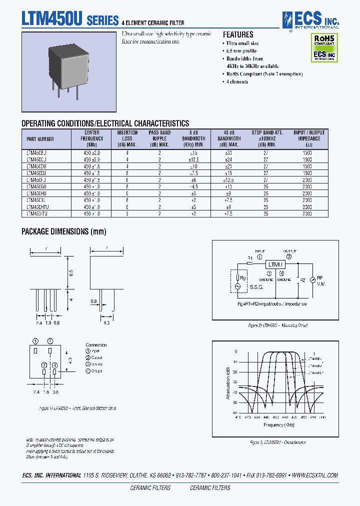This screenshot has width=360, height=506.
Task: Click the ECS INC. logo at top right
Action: point(310,19)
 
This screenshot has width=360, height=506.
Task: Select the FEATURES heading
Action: point(238,35)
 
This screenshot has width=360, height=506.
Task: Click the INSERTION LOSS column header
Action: point(127,138)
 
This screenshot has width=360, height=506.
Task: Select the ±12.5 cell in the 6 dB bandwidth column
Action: point(194,159)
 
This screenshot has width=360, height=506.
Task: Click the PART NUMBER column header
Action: point(40,139)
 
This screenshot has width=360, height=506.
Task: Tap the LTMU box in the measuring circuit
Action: point(274,264)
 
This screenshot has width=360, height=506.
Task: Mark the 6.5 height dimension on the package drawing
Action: point(71,273)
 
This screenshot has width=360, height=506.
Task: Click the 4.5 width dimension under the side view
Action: point(106,322)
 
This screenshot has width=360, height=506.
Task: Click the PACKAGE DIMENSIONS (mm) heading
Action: point(63,231)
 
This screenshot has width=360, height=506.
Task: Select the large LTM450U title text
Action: point(52,19)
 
